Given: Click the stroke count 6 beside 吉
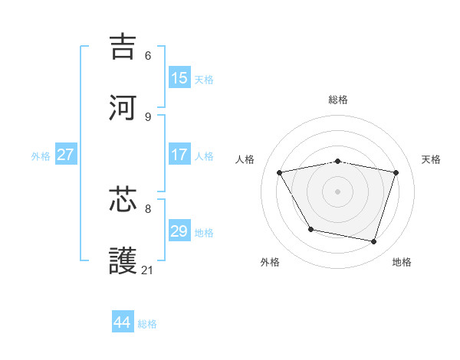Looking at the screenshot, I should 148,56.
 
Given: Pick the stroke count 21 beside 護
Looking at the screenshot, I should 148,270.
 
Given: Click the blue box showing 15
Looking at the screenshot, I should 179,77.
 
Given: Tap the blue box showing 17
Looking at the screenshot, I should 179,155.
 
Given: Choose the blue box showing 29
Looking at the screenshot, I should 179,231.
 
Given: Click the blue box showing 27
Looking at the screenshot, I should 65,155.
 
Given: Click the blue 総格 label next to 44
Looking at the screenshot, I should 147,324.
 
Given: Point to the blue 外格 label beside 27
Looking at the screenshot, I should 41,156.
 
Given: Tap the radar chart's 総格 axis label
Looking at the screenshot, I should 338,100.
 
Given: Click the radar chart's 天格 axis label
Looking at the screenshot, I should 431,159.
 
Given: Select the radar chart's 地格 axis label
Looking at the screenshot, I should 402,262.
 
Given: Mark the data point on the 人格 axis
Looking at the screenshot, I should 280,173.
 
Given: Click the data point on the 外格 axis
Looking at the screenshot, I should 310,229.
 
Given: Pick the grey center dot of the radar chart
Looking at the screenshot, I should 338,191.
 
